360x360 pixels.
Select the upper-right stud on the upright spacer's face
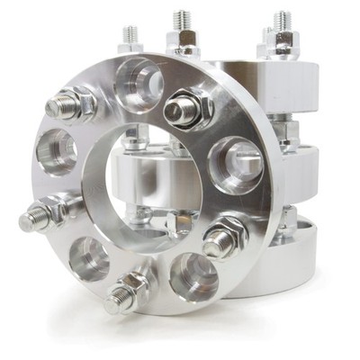pyautogui.click(x=184, y=109)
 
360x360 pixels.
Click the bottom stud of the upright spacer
pyautogui.click(x=126, y=293)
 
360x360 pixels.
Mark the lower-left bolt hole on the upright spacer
pyautogui.click(x=87, y=258)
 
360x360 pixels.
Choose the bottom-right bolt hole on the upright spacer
pyautogui.click(x=193, y=274)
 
